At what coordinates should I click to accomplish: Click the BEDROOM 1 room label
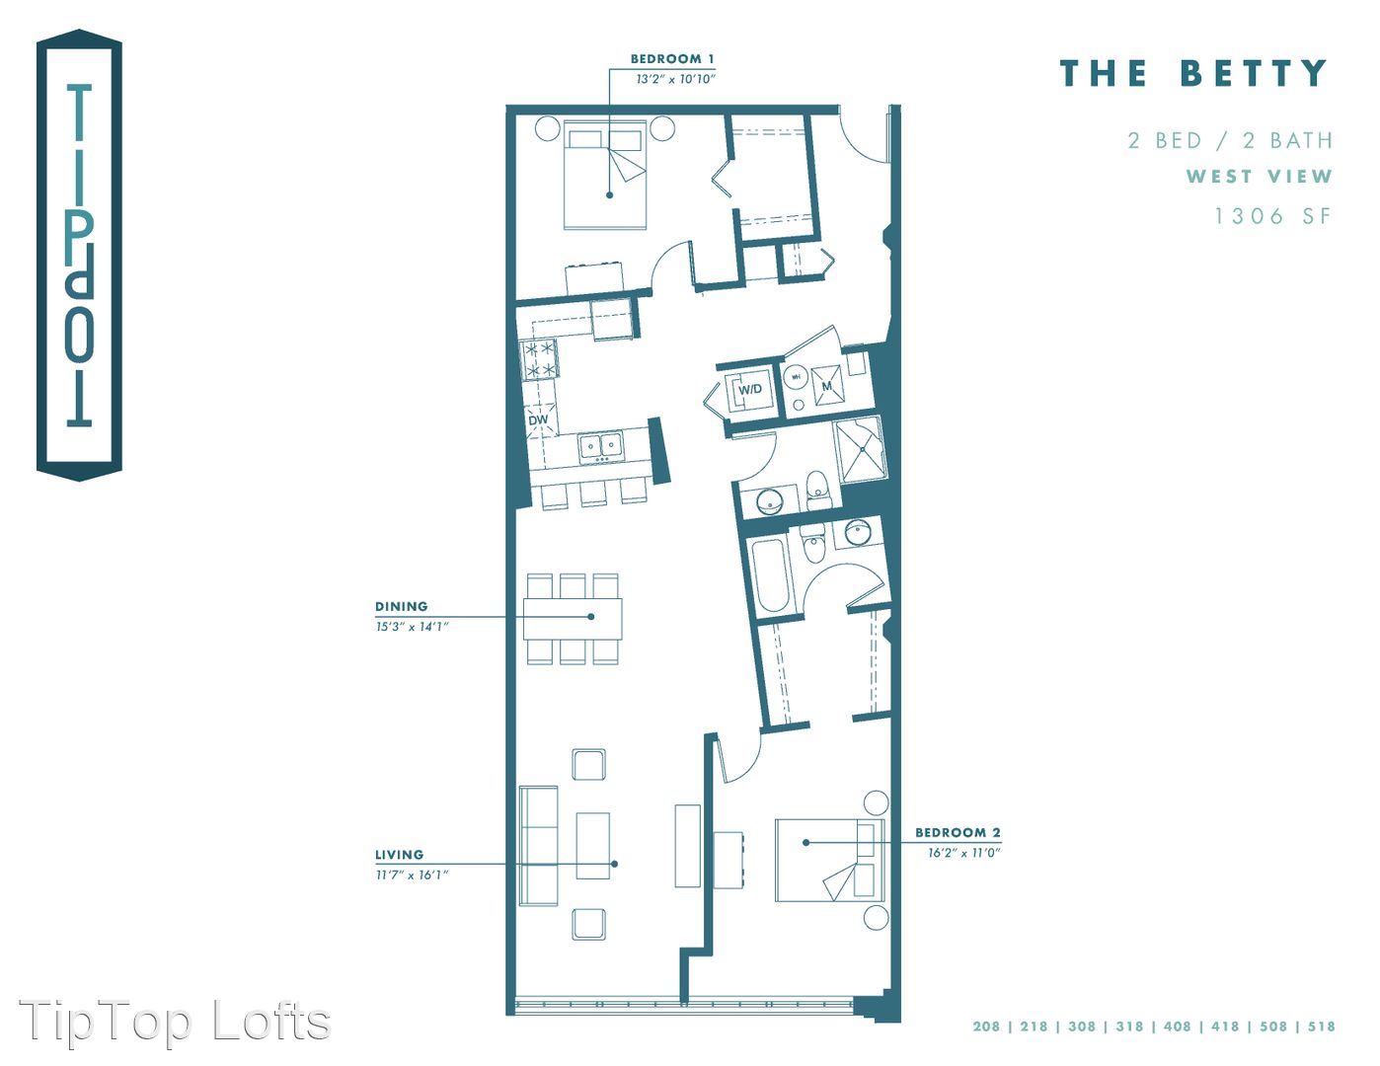[x=672, y=59]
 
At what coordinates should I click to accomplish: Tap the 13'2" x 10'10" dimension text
[x=676, y=79]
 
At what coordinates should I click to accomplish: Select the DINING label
[x=402, y=606]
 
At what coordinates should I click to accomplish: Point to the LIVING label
[x=400, y=855]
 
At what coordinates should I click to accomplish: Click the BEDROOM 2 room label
[x=958, y=832]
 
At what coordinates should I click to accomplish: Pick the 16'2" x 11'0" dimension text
[x=964, y=853]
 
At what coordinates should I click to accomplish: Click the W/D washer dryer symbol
[x=750, y=389]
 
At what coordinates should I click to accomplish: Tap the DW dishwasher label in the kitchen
[x=538, y=419]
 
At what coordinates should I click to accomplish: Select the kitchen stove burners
[x=539, y=359]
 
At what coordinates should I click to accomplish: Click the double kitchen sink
[x=601, y=446]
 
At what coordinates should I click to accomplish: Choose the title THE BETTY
[x=1193, y=72]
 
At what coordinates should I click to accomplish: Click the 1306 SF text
[x=1272, y=216]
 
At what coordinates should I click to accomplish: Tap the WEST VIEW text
[x=1259, y=176]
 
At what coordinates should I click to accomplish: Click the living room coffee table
[x=592, y=846]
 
